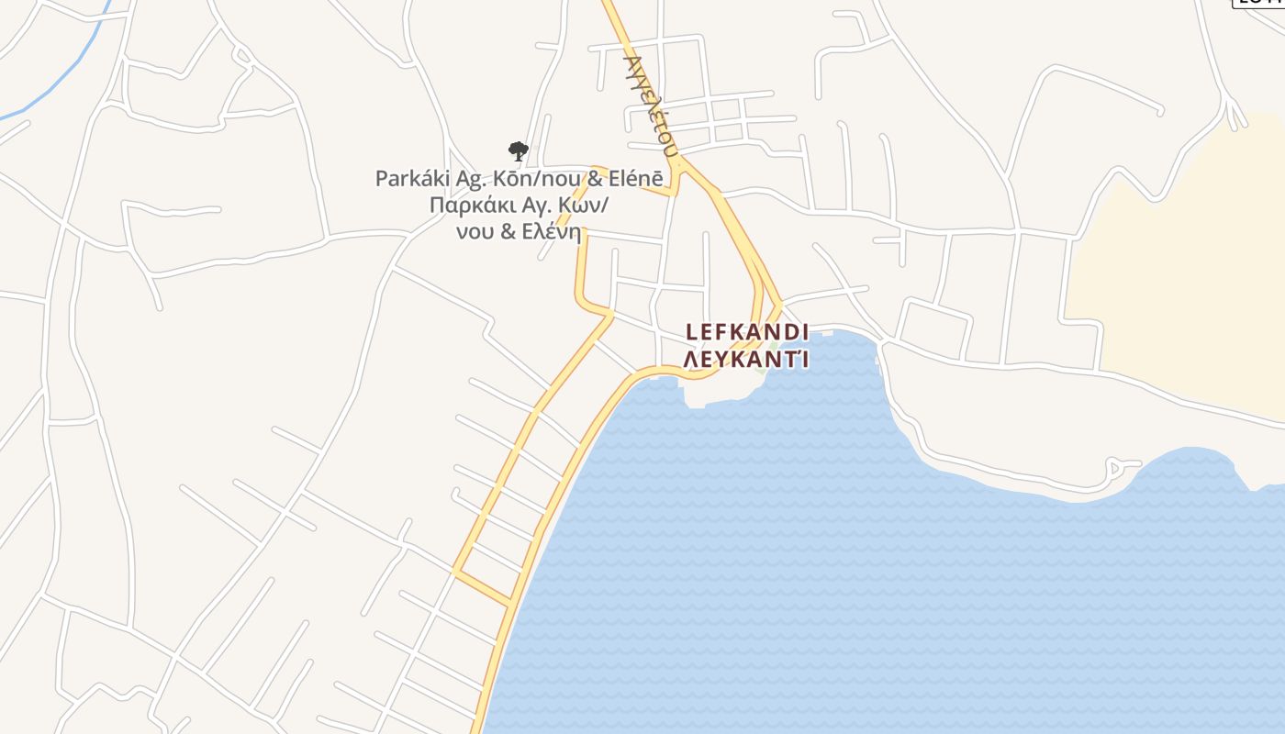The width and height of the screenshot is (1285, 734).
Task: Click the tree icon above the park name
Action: (x=518, y=150)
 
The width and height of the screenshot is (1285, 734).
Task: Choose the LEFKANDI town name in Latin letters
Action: (x=746, y=331)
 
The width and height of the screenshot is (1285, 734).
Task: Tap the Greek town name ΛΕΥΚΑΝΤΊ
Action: (x=746, y=358)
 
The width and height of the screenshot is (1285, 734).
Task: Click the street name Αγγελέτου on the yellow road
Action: (x=651, y=103)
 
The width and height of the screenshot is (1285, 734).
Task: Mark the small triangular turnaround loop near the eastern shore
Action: (x=1119, y=467)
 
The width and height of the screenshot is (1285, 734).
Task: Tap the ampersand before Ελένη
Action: (x=508, y=231)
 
